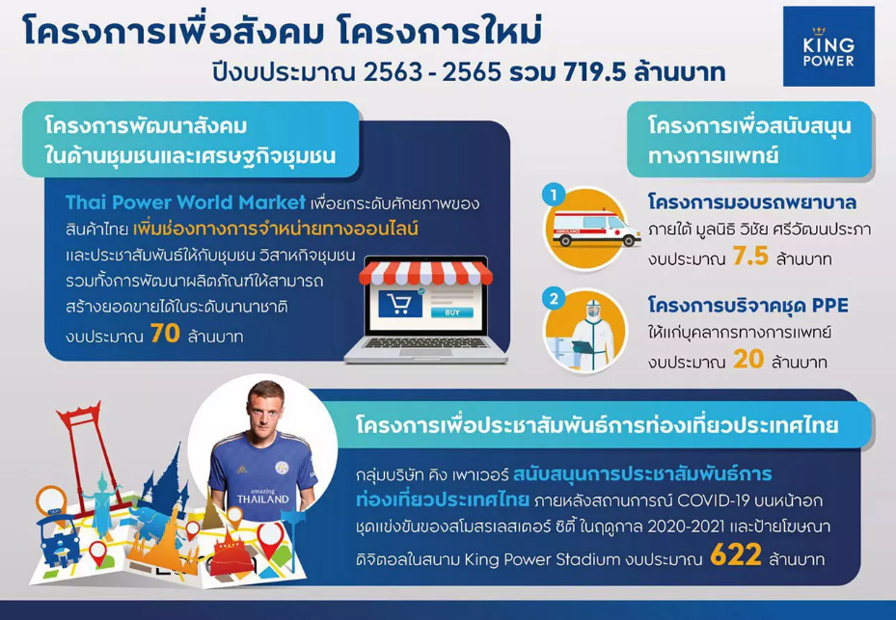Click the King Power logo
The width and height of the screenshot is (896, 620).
[x=828, y=46]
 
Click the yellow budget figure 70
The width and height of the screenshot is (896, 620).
[x=166, y=334]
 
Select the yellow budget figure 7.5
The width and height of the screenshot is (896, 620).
[x=750, y=256]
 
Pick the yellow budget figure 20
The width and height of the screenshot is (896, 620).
[x=748, y=360]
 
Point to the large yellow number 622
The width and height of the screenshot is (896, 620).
[x=736, y=554]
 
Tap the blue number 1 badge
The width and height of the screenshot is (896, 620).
[x=554, y=196]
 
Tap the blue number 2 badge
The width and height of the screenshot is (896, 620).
[x=554, y=299]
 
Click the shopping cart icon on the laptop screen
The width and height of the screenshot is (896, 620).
[x=400, y=304]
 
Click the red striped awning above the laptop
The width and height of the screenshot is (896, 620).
[x=425, y=273]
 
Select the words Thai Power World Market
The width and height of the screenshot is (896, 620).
[x=186, y=202]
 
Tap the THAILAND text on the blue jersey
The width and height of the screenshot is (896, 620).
[x=263, y=499]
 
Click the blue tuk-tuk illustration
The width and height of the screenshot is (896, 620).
[x=58, y=540]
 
